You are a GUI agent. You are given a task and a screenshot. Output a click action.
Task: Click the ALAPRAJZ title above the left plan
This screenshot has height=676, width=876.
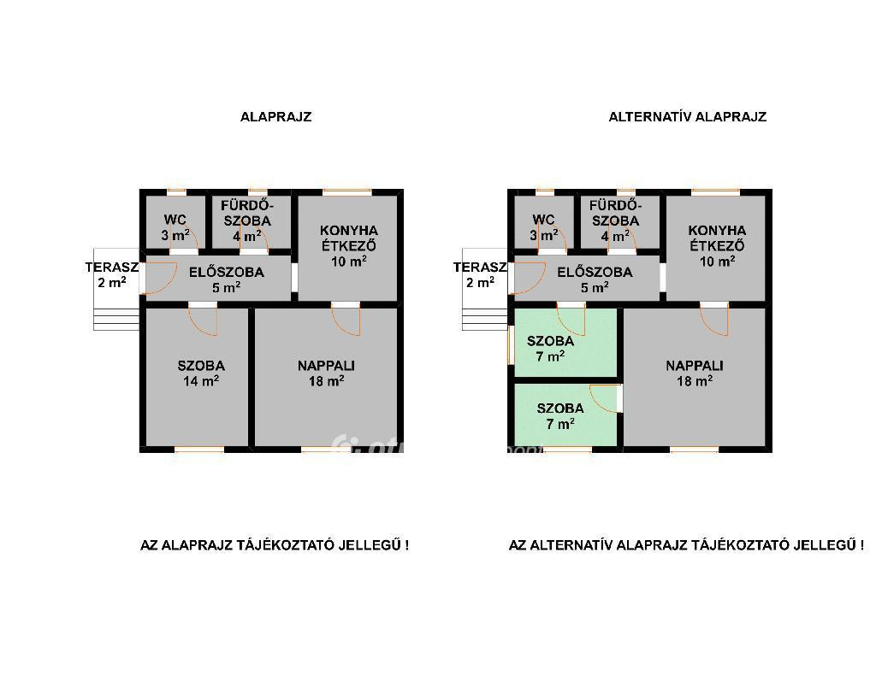[x=276, y=117]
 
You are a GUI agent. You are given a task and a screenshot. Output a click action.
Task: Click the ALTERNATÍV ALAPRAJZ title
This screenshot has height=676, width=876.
[x=687, y=117]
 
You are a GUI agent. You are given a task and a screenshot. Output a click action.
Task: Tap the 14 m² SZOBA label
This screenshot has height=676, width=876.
[x=201, y=373]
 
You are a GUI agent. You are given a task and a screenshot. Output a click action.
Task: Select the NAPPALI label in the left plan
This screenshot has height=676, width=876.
[x=326, y=366]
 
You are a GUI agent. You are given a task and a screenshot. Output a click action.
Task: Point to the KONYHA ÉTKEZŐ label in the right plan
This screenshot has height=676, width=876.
[x=718, y=238]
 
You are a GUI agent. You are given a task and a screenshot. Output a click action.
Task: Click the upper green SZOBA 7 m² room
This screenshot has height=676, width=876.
[x=565, y=343]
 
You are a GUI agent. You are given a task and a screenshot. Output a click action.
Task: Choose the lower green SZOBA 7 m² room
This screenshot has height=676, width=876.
[x=565, y=414]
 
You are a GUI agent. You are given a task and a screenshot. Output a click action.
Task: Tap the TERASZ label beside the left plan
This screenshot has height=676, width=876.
[x=112, y=267]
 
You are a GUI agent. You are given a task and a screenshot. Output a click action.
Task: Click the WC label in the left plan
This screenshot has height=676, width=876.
[x=175, y=220]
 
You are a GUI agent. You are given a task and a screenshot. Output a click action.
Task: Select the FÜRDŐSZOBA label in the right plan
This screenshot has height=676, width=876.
[x=614, y=213]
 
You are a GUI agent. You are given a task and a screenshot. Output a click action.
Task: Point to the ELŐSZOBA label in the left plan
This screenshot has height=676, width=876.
[x=226, y=273]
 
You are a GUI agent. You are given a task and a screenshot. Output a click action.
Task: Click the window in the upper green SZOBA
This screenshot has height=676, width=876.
[x=511, y=344]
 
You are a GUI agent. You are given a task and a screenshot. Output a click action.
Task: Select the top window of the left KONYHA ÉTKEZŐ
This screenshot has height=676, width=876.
[x=347, y=192]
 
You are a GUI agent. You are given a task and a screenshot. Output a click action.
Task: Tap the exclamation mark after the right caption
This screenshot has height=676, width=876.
[x=862, y=545]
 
